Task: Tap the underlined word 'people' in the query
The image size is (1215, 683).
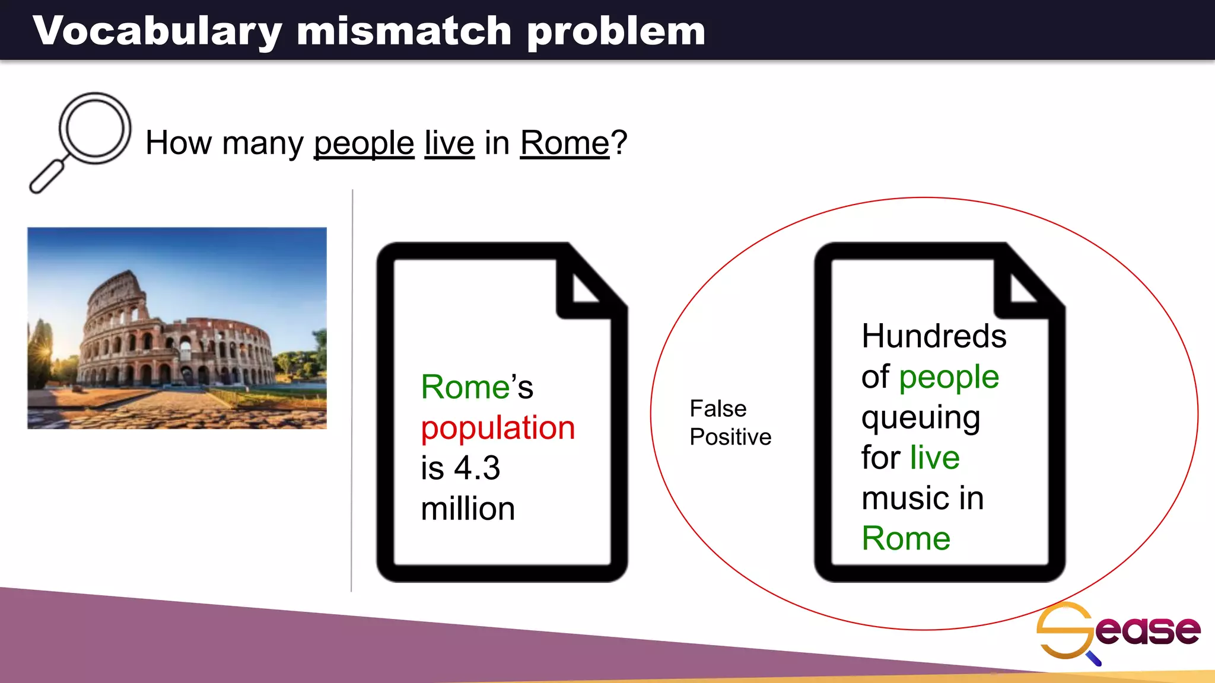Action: [x=364, y=143]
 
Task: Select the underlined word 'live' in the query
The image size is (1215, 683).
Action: [x=449, y=143]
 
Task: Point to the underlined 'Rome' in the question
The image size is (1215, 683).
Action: [x=565, y=143]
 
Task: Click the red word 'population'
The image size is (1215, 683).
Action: [x=498, y=428]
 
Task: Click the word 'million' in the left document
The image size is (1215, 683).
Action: [x=468, y=509]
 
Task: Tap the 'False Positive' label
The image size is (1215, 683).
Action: [x=730, y=423]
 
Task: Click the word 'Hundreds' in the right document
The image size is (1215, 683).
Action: [x=934, y=336]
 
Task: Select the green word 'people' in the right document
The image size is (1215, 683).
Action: [x=949, y=378]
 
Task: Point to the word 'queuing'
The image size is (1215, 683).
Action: [x=921, y=417]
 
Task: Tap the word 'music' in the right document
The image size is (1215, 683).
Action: [x=904, y=498]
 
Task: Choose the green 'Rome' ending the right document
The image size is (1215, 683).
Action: [x=906, y=538]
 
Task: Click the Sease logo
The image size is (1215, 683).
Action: [x=1118, y=631]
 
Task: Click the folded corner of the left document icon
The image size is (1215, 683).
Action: [x=584, y=285]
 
